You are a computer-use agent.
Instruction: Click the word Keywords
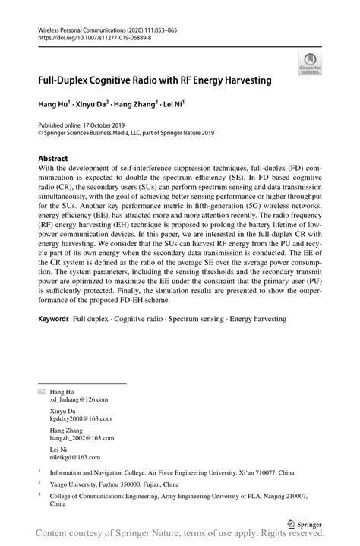(x=54, y=320)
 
